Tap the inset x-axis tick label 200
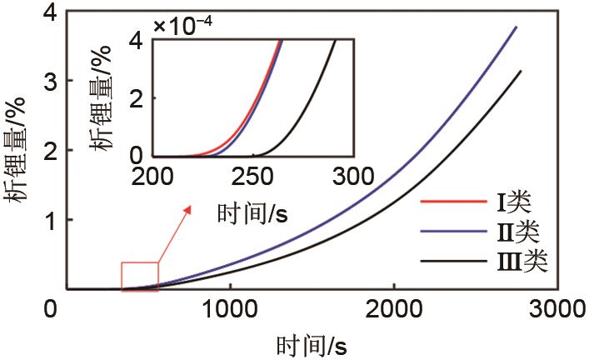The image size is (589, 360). coord(152,176)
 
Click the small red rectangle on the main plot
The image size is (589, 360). coord(140,277)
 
